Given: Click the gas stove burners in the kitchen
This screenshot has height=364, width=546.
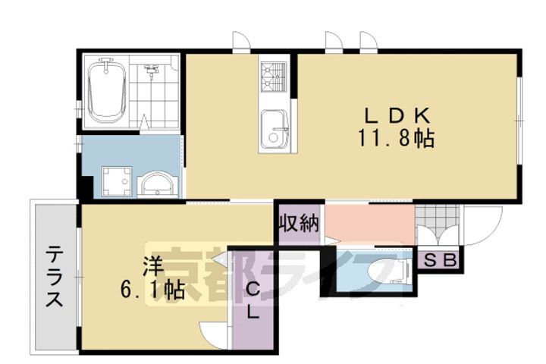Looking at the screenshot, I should pyautogui.click(x=272, y=76).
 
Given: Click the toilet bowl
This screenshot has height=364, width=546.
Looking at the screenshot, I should pyautogui.click(x=383, y=271).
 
